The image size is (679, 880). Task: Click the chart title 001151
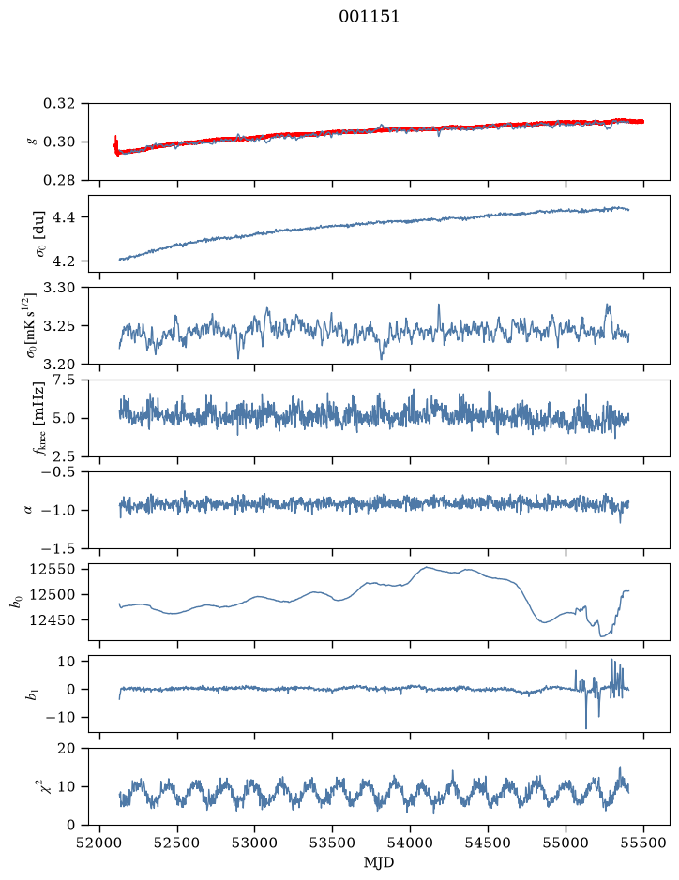point(369,17)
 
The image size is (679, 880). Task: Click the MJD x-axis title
point(379,862)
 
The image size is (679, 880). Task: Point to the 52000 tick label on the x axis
point(100,843)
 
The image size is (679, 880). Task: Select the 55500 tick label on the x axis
point(643,843)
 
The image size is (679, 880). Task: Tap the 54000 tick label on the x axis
point(411,843)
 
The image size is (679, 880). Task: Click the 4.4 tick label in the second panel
point(64,217)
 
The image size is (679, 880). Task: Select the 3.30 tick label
point(59,288)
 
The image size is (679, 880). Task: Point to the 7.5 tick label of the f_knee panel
point(64,380)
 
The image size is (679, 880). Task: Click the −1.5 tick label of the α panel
point(59,548)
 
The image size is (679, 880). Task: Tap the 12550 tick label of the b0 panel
point(53,569)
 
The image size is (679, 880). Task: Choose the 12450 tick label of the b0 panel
point(53,620)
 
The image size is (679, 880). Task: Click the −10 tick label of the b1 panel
point(60,717)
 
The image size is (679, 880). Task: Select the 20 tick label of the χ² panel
point(67,748)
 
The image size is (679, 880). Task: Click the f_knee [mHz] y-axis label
point(38,418)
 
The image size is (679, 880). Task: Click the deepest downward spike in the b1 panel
point(586,727)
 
